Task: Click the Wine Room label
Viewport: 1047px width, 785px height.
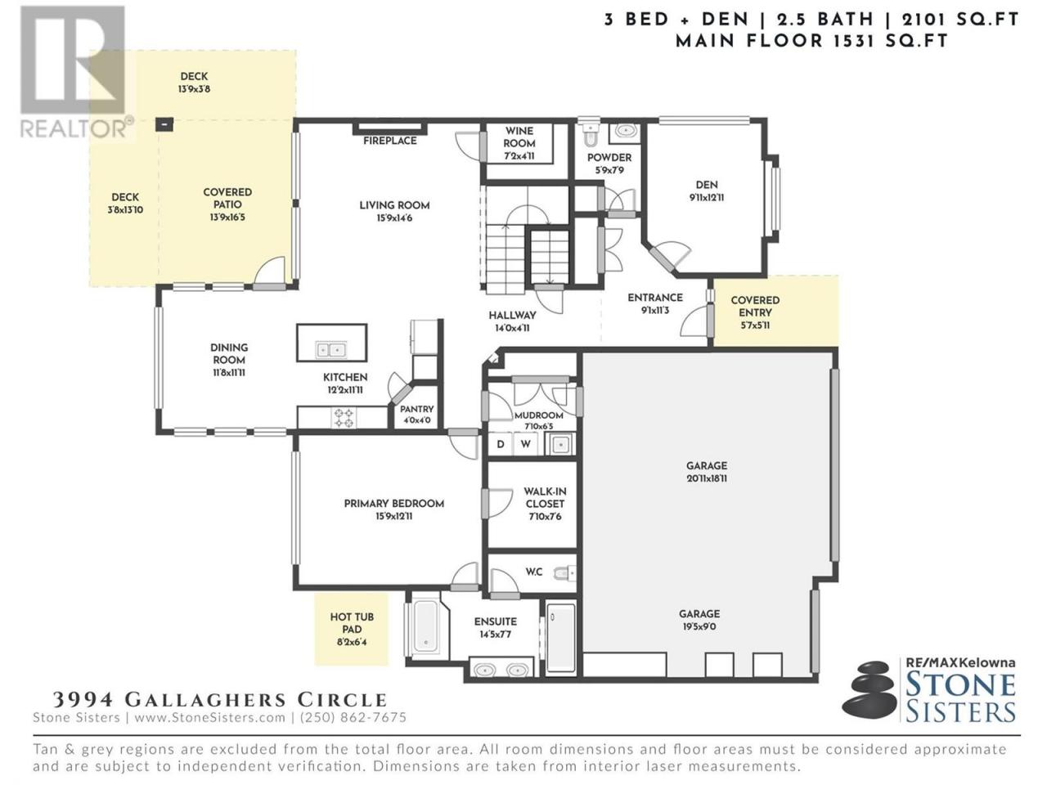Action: (x=519, y=137)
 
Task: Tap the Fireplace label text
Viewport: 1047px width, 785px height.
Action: (x=389, y=141)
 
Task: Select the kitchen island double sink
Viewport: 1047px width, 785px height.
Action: (x=331, y=350)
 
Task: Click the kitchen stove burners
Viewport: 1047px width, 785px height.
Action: (x=344, y=418)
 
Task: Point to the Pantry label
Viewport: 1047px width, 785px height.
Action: (x=417, y=409)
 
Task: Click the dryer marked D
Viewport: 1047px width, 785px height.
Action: (x=501, y=445)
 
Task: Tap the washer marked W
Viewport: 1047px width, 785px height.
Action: (x=526, y=445)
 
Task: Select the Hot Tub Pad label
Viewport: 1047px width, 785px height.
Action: (x=352, y=623)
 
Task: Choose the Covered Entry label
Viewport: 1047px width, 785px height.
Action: (x=755, y=307)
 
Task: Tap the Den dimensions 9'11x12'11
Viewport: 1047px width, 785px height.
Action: (x=707, y=197)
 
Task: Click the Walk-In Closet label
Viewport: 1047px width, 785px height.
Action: (x=545, y=498)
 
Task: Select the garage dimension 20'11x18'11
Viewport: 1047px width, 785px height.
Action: (x=707, y=478)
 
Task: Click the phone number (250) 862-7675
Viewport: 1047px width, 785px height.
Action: (x=353, y=717)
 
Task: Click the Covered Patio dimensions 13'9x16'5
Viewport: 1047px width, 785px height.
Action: (x=227, y=218)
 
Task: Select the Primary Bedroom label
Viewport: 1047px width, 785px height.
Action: (x=394, y=504)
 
